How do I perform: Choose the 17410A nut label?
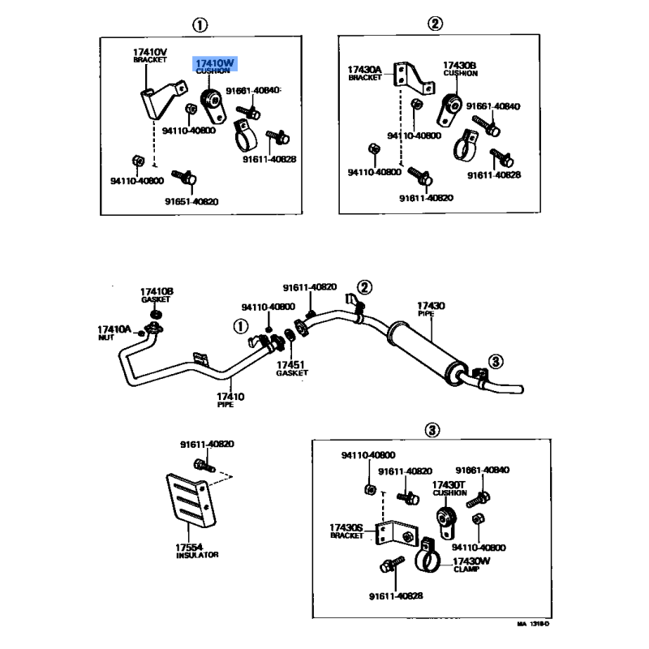114,329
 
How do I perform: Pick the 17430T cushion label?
449,488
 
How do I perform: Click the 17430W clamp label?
471,563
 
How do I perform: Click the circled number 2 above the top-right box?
436,24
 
